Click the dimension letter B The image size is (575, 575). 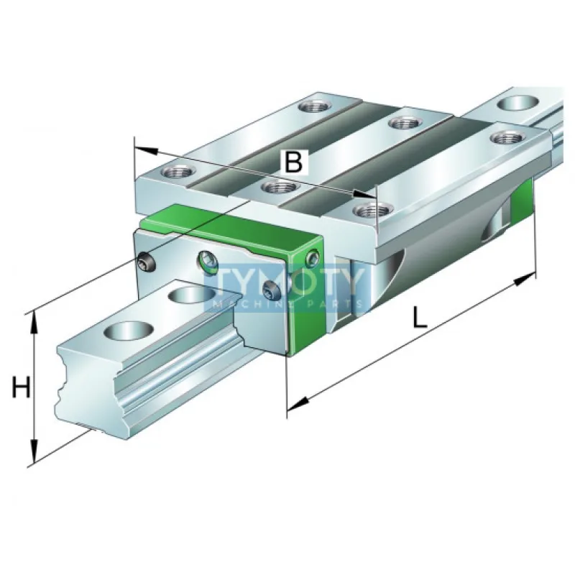pos(293,162)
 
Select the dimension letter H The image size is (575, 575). pos(22,388)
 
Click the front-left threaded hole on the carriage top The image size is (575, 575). pos(176,172)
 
